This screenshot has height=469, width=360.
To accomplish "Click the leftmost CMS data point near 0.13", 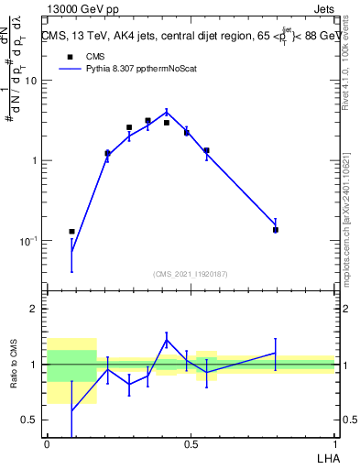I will click(71, 232).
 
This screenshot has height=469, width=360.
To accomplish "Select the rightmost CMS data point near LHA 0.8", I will click(275, 230).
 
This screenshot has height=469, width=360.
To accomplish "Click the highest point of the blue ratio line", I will click(166, 340).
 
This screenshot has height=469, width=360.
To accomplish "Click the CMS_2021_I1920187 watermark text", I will click(191, 273).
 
